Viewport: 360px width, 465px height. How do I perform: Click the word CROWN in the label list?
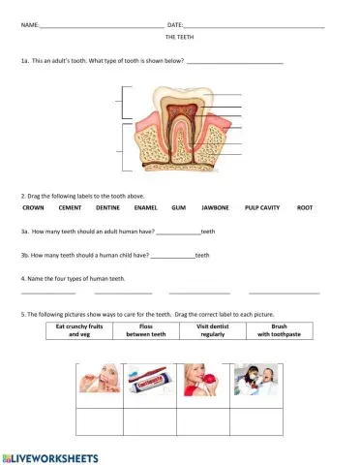click(x=33, y=207)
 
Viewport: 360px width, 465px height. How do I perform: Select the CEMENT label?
click(x=70, y=207)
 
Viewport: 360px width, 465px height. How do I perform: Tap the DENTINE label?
click(x=107, y=207)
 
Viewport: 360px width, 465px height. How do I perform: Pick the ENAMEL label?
click(x=146, y=207)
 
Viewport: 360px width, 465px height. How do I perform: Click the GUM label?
click(x=178, y=207)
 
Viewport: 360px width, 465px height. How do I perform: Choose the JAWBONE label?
click(x=215, y=207)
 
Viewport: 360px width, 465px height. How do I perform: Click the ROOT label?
click(x=305, y=207)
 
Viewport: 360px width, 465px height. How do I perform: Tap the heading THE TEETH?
click(x=179, y=35)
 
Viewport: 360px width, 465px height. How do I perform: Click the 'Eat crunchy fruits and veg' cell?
click(x=79, y=330)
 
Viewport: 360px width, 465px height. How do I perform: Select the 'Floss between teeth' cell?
click(x=146, y=330)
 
